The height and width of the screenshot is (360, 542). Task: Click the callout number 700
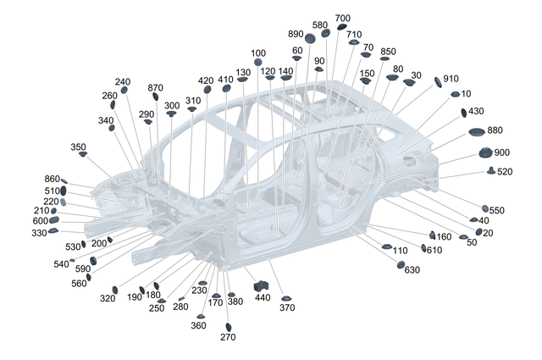click(x=342, y=18)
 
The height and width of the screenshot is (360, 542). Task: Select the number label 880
click(x=495, y=130)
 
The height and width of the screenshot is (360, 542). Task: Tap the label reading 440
click(x=263, y=297)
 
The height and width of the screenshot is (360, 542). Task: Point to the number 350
click(x=78, y=147)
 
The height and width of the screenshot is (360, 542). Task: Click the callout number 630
click(x=412, y=269)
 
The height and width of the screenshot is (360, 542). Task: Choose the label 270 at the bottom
click(x=228, y=336)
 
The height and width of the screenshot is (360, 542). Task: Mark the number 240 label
click(x=123, y=81)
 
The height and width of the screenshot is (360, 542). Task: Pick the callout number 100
click(x=257, y=53)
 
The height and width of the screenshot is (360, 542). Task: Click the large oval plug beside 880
click(x=476, y=132)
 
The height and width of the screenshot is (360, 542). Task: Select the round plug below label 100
click(x=257, y=63)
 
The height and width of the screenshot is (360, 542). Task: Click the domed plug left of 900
click(x=485, y=153)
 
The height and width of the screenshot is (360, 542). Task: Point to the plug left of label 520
click(x=491, y=172)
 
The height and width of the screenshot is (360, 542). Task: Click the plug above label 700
click(x=341, y=27)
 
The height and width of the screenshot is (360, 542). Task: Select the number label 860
click(x=53, y=179)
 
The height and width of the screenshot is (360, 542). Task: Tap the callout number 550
click(x=497, y=209)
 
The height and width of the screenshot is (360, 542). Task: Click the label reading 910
click(x=451, y=78)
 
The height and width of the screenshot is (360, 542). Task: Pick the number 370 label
click(x=287, y=307)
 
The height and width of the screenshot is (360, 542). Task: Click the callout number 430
click(x=476, y=111)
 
